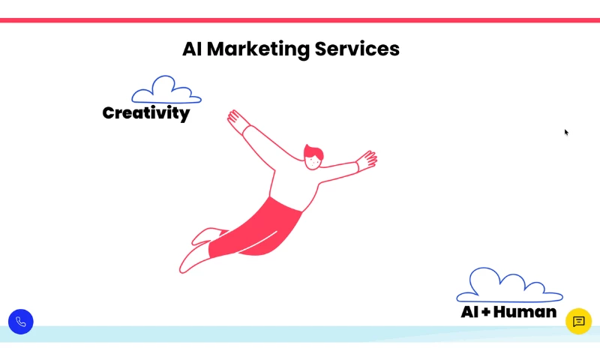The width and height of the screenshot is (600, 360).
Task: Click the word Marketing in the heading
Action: (258, 49)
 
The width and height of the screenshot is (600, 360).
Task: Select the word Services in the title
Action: (357, 49)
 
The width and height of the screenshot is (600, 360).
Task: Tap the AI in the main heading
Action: (192, 49)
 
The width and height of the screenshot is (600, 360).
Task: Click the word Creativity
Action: (146, 113)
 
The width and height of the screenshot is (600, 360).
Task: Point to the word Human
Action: (524, 312)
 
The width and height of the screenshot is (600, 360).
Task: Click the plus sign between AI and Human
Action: (486, 312)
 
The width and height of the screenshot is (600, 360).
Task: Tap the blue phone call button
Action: (21, 322)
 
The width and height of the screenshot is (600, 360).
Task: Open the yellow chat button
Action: (578, 321)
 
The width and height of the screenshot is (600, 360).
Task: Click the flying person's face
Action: (313, 162)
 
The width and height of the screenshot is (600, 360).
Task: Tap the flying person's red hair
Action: (313, 151)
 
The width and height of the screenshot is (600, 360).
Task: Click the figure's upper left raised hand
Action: (236, 120)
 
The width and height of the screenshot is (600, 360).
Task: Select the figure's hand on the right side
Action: (367, 160)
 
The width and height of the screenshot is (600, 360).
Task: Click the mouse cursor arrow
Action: (566, 132)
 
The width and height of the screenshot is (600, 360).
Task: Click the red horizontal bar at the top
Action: (300, 20)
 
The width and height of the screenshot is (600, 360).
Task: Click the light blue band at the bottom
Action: (300, 334)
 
